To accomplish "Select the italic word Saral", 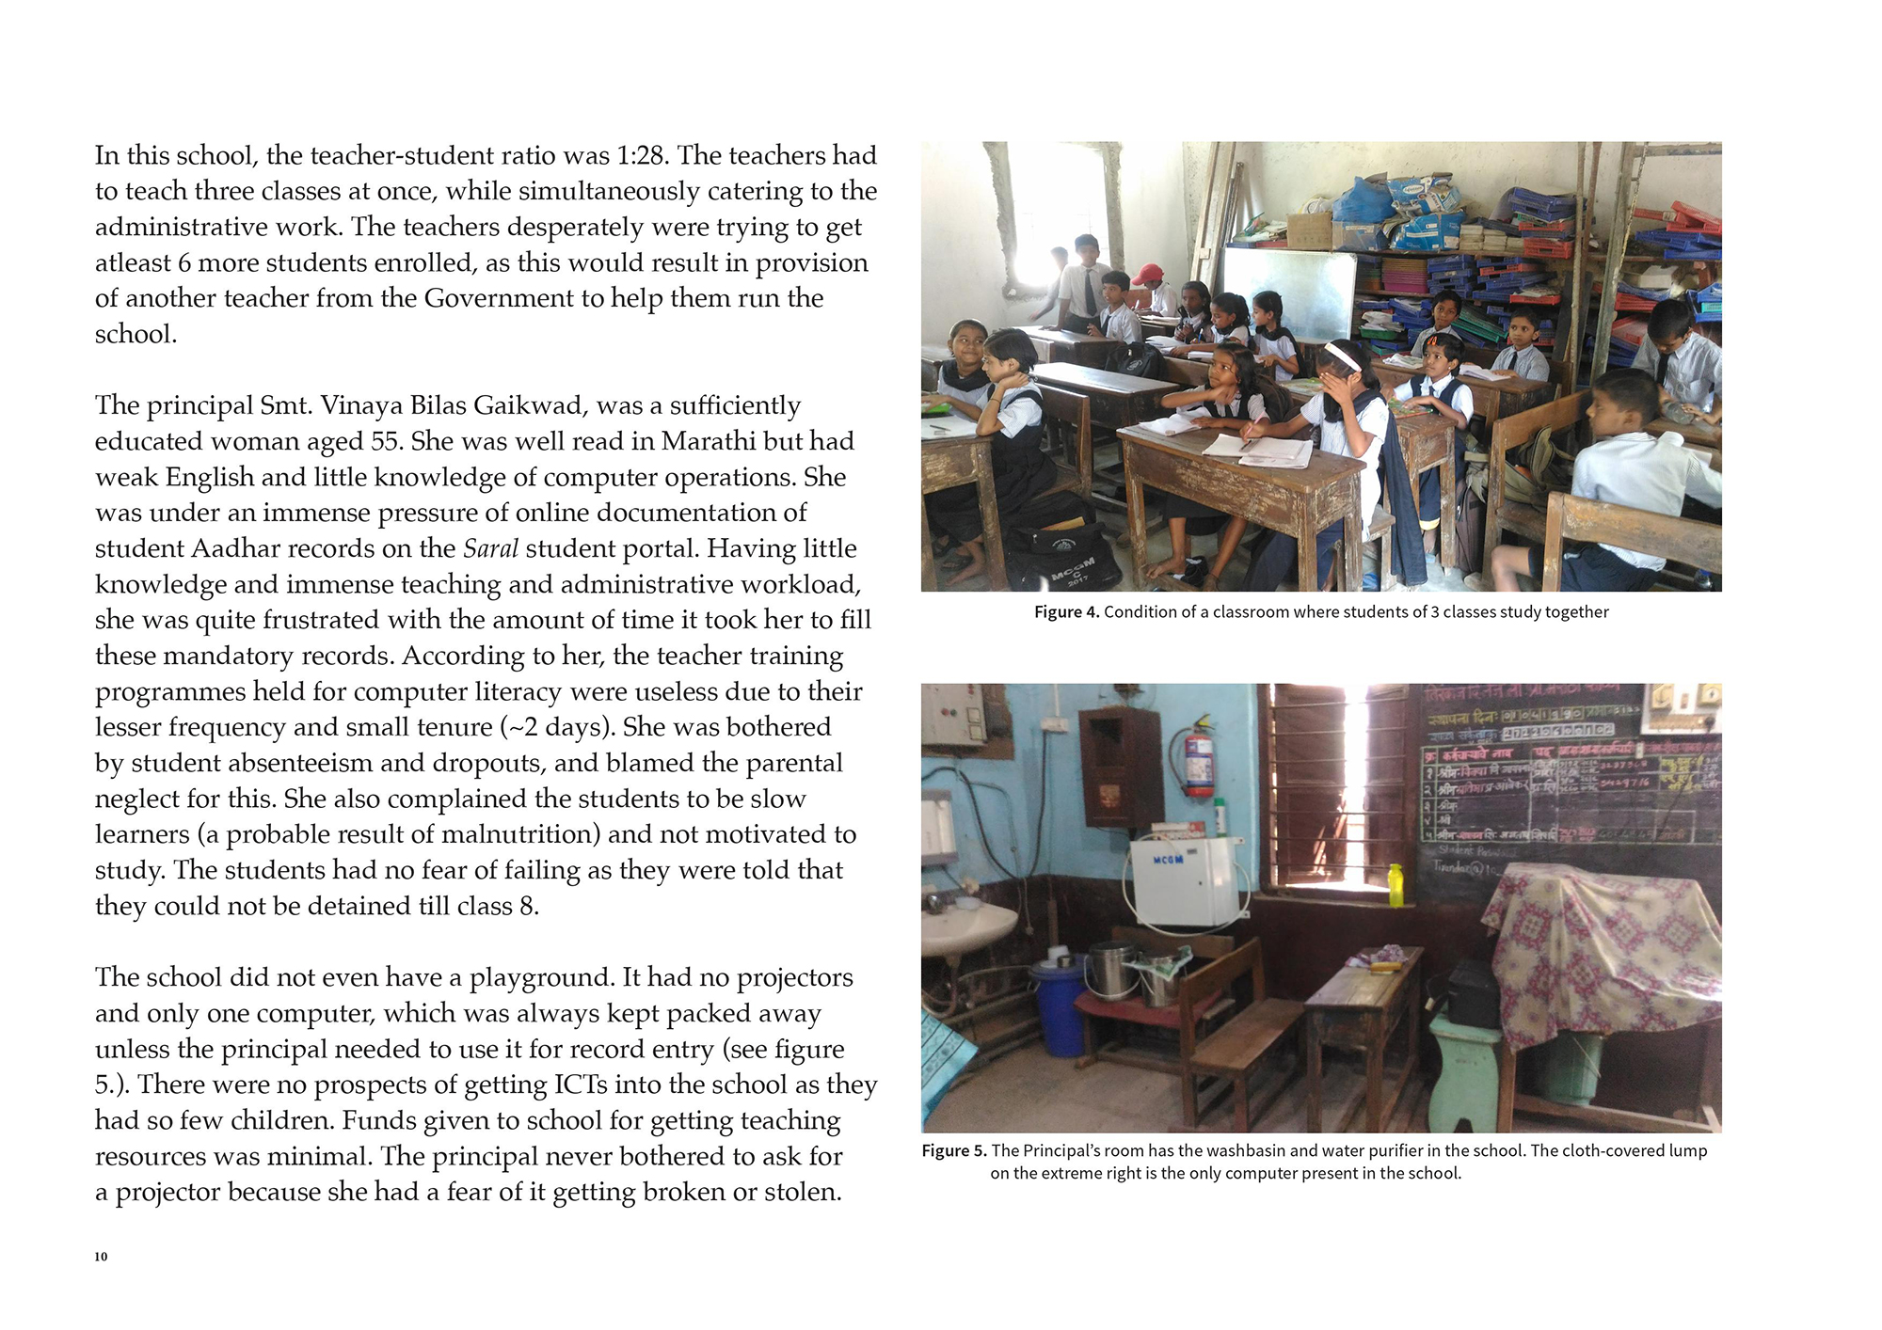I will click(490, 548).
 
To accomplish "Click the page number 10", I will click(101, 1257).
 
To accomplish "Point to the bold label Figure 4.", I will click(1066, 612).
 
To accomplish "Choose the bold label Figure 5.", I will click(954, 1150).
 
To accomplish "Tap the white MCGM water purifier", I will click(1183, 879).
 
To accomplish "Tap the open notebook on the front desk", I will click(1261, 450).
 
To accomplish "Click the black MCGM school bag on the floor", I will click(1063, 555).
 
